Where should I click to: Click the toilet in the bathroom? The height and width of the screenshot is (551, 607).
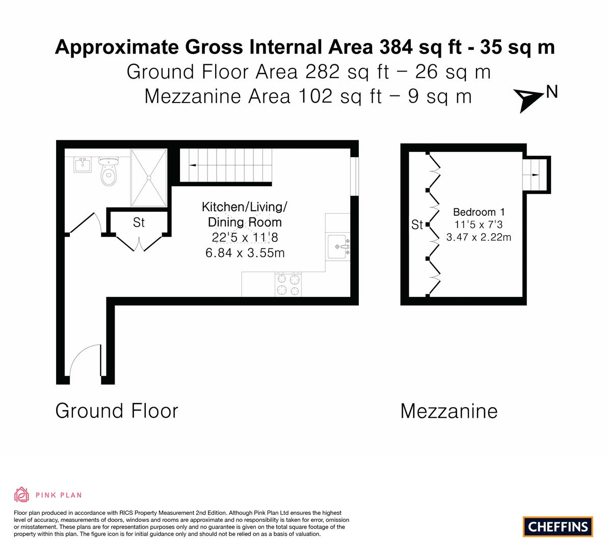click(x=109, y=171)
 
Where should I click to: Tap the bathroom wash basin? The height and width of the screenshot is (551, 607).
click(x=83, y=165)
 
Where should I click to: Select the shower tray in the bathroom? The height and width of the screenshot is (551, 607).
click(x=149, y=178)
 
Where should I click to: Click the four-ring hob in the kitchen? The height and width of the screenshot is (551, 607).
click(x=288, y=284)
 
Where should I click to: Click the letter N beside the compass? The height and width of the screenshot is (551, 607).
click(x=551, y=92)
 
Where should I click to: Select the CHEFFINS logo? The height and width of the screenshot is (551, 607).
click(x=558, y=527)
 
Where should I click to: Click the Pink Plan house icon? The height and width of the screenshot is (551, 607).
click(x=22, y=494)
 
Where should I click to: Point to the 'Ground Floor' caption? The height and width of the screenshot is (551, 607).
click(x=117, y=411)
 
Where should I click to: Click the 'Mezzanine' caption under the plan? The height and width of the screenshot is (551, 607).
click(x=449, y=411)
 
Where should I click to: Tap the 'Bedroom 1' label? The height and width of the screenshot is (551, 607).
click(x=479, y=212)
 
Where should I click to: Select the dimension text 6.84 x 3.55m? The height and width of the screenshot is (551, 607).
click(x=245, y=253)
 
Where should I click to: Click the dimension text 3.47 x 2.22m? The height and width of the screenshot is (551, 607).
click(x=479, y=237)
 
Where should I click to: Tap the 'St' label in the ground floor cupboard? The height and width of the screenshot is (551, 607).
click(x=139, y=222)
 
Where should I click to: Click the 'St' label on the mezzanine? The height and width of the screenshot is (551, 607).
click(x=417, y=225)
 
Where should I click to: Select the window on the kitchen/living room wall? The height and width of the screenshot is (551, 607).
click(x=354, y=176)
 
